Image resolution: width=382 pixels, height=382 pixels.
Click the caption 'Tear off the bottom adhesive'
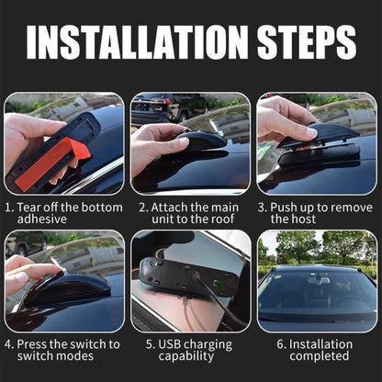click(63, 213)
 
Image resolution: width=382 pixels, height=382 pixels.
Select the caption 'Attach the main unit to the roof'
click(190, 213)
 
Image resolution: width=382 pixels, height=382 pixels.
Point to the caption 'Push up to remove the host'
click(317, 213)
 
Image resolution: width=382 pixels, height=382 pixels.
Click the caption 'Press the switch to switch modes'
click(63, 350)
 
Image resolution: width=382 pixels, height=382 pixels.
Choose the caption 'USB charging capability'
click(190, 350)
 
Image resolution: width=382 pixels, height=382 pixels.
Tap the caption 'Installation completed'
click(317, 350)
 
